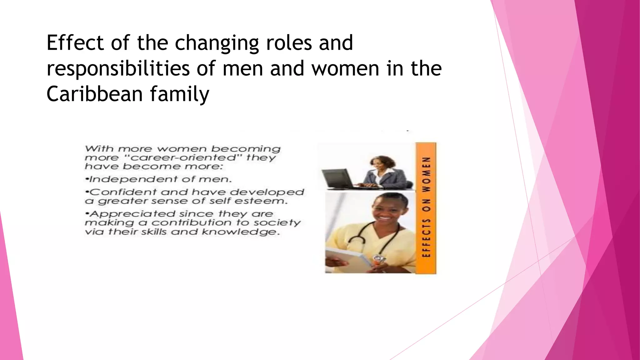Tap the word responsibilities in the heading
(x=118, y=68)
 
